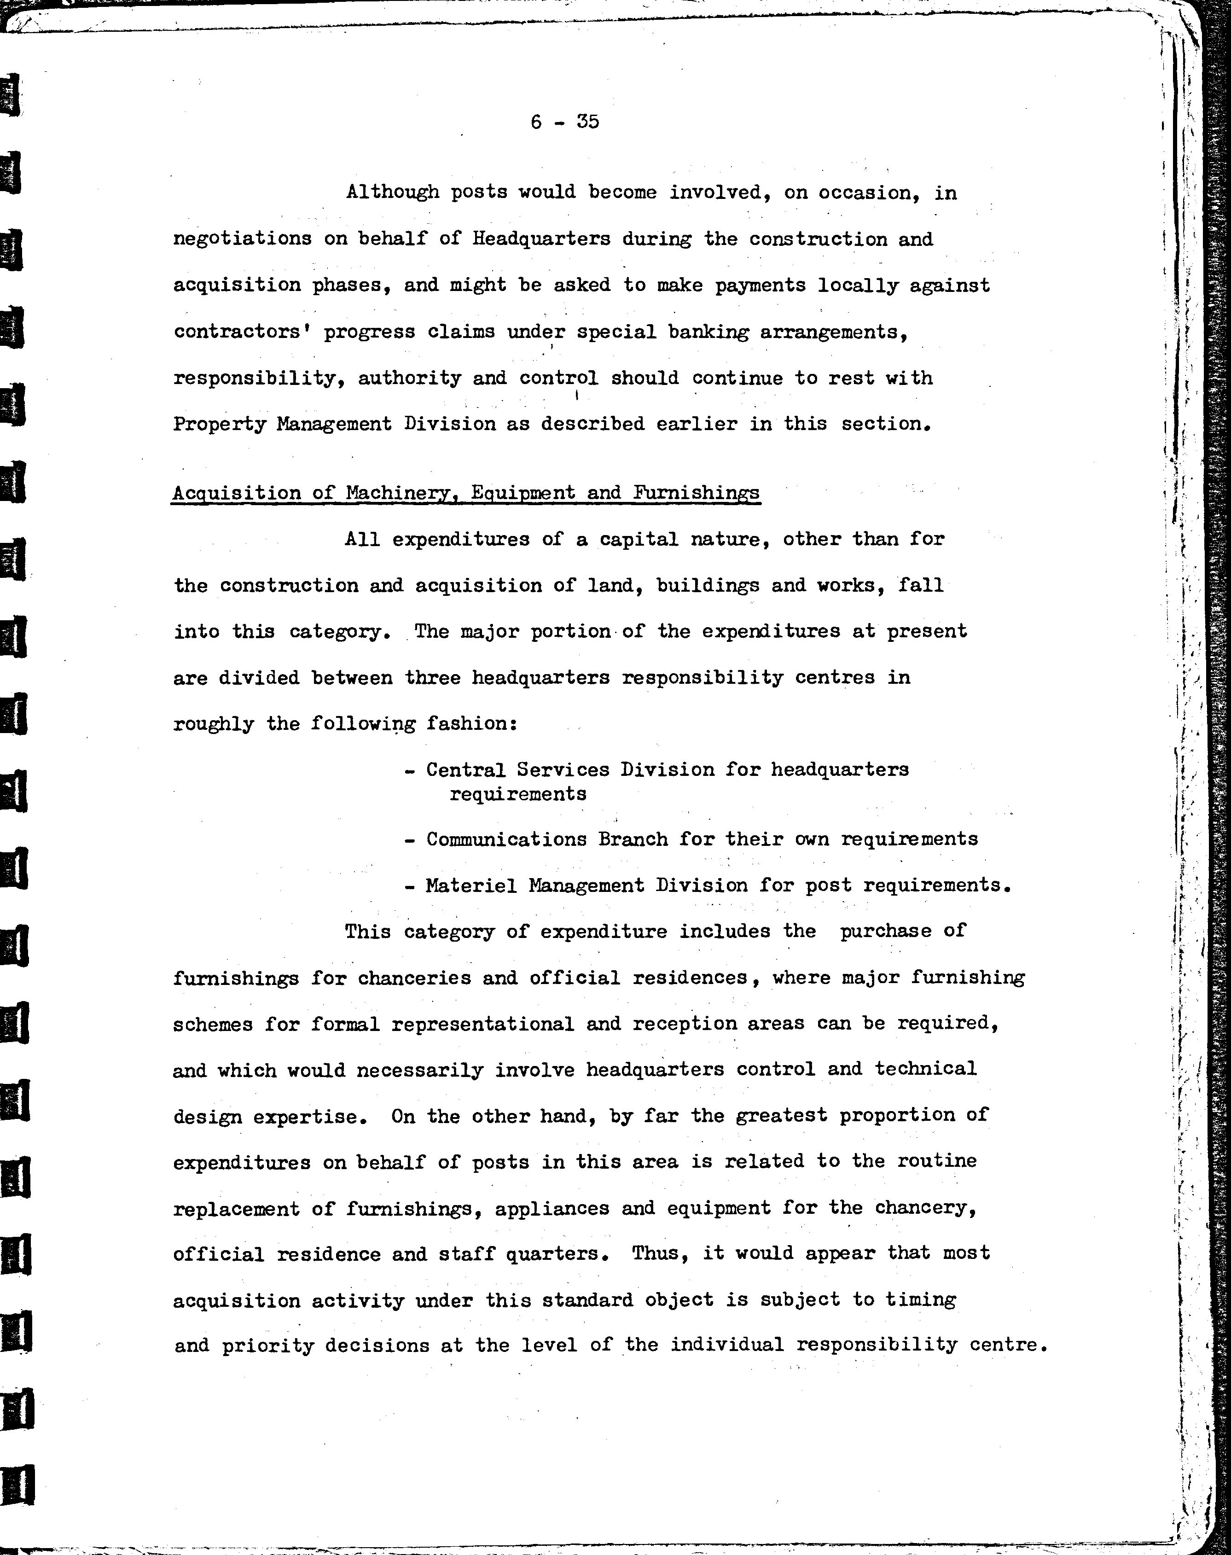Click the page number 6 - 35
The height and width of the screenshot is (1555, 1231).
pyautogui.click(x=564, y=122)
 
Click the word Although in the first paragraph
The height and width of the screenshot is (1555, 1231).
pyautogui.click(x=392, y=192)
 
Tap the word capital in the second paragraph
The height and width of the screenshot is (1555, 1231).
pyautogui.click(x=633, y=539)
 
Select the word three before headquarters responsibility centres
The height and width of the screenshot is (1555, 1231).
pyautogui.click(x=432, y=678)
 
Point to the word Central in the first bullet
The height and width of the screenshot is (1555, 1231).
pyautogui.click(x=465, y=770)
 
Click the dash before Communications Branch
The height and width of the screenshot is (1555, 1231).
pyautogui.click(x=409, y=840)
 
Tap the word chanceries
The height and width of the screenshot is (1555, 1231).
pyautogui.click(x=414, y=978)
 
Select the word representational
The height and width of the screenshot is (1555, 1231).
pyautogui.click(x=483, y=1025)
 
